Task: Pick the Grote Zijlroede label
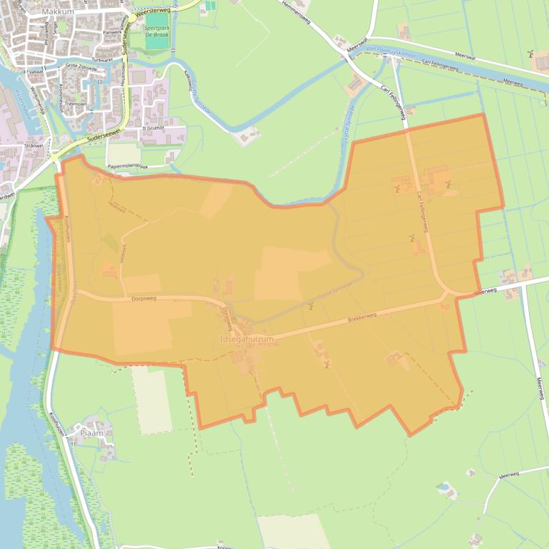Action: pyautogui.click(x=80, y=66)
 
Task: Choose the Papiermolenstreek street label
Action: pyautogui.click(x=127, y=166)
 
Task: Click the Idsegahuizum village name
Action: pyautogui.click(x=247, y=340)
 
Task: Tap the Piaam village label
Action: pyautogui.click(x=92, y=433)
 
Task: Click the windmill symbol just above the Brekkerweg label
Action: pyautogui.click(x=311, y=307)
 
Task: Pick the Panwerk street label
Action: pyautogui.click(x=113, y=32)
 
